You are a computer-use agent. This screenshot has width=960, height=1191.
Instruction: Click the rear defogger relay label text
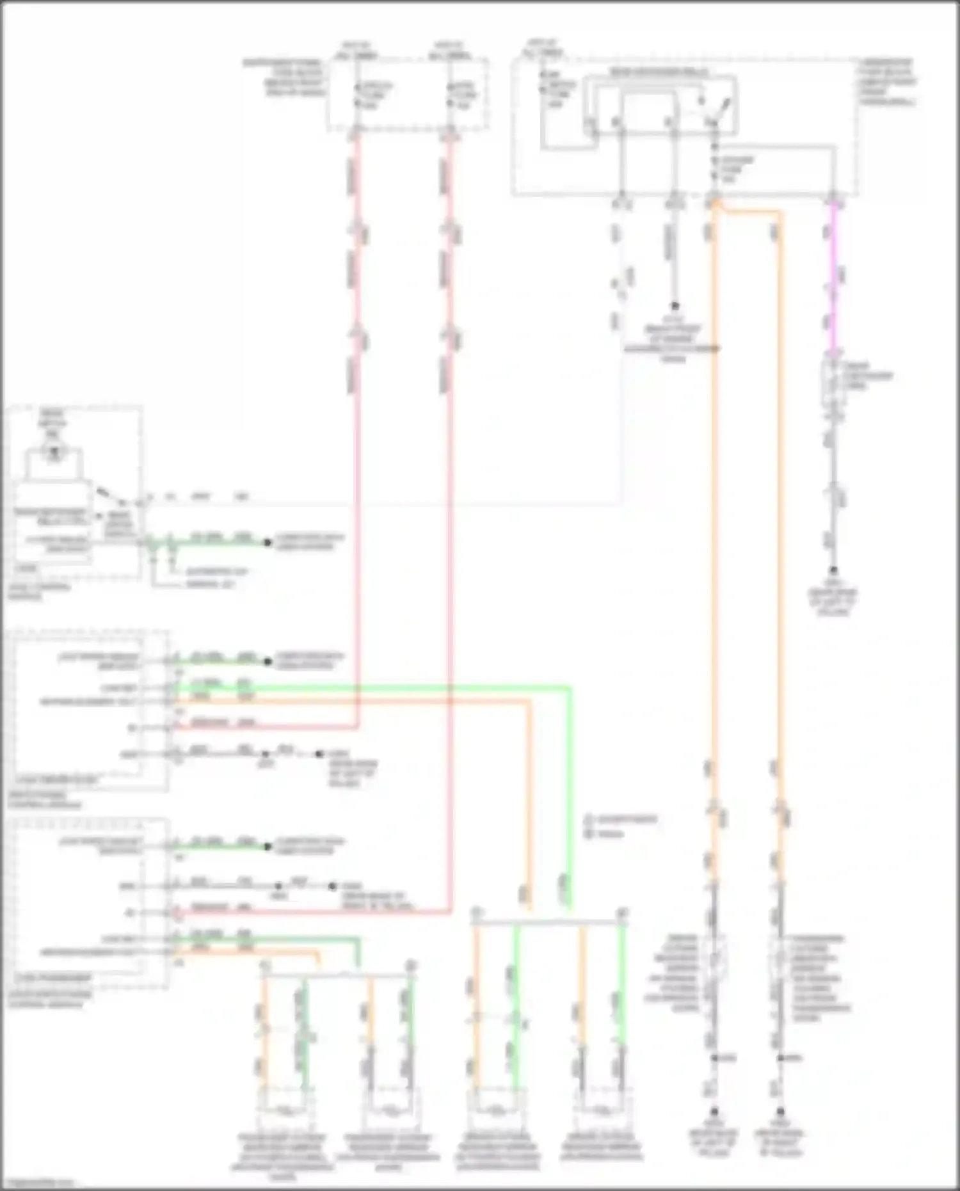(659, 72)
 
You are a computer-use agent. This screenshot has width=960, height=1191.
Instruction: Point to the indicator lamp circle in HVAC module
(54, 452)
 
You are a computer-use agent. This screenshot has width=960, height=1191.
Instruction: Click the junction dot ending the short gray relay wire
(674, 307)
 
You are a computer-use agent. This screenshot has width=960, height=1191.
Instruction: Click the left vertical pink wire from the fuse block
(356, 448)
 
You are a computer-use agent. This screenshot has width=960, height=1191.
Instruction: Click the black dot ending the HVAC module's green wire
(268, 543)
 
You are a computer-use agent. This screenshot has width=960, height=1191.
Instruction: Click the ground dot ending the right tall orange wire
(780, 1113)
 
